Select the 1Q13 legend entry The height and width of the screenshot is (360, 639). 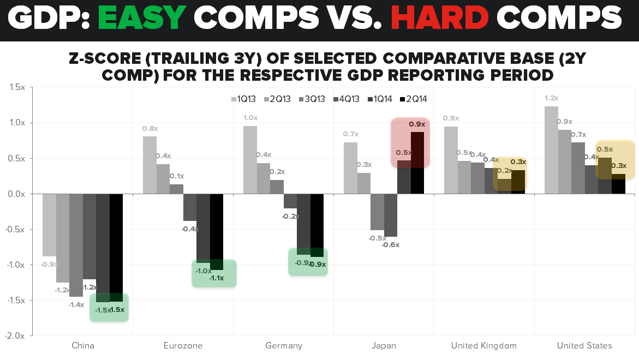tap(243, 99)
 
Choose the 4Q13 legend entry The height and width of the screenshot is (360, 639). tap(346, 99)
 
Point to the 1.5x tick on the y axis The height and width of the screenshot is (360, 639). tap(15, 88)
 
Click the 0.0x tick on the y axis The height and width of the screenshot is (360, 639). tap(15, 194)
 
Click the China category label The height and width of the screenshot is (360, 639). tap(83, 345)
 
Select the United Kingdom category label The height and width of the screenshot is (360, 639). tap(484, 345)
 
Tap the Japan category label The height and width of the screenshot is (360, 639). tap(384, 345)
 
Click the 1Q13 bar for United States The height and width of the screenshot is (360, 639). tap(551, 150)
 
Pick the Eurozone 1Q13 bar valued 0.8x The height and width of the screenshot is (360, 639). tap(150, 165)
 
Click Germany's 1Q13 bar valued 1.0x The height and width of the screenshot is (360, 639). tap(250, 160)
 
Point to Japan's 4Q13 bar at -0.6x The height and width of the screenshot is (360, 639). tap(391, 215)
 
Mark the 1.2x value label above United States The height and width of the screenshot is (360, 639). tap(551, 98)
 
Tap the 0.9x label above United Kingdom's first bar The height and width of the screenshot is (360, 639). tap(451, 118)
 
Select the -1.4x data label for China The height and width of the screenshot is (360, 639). tap(76, 305)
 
